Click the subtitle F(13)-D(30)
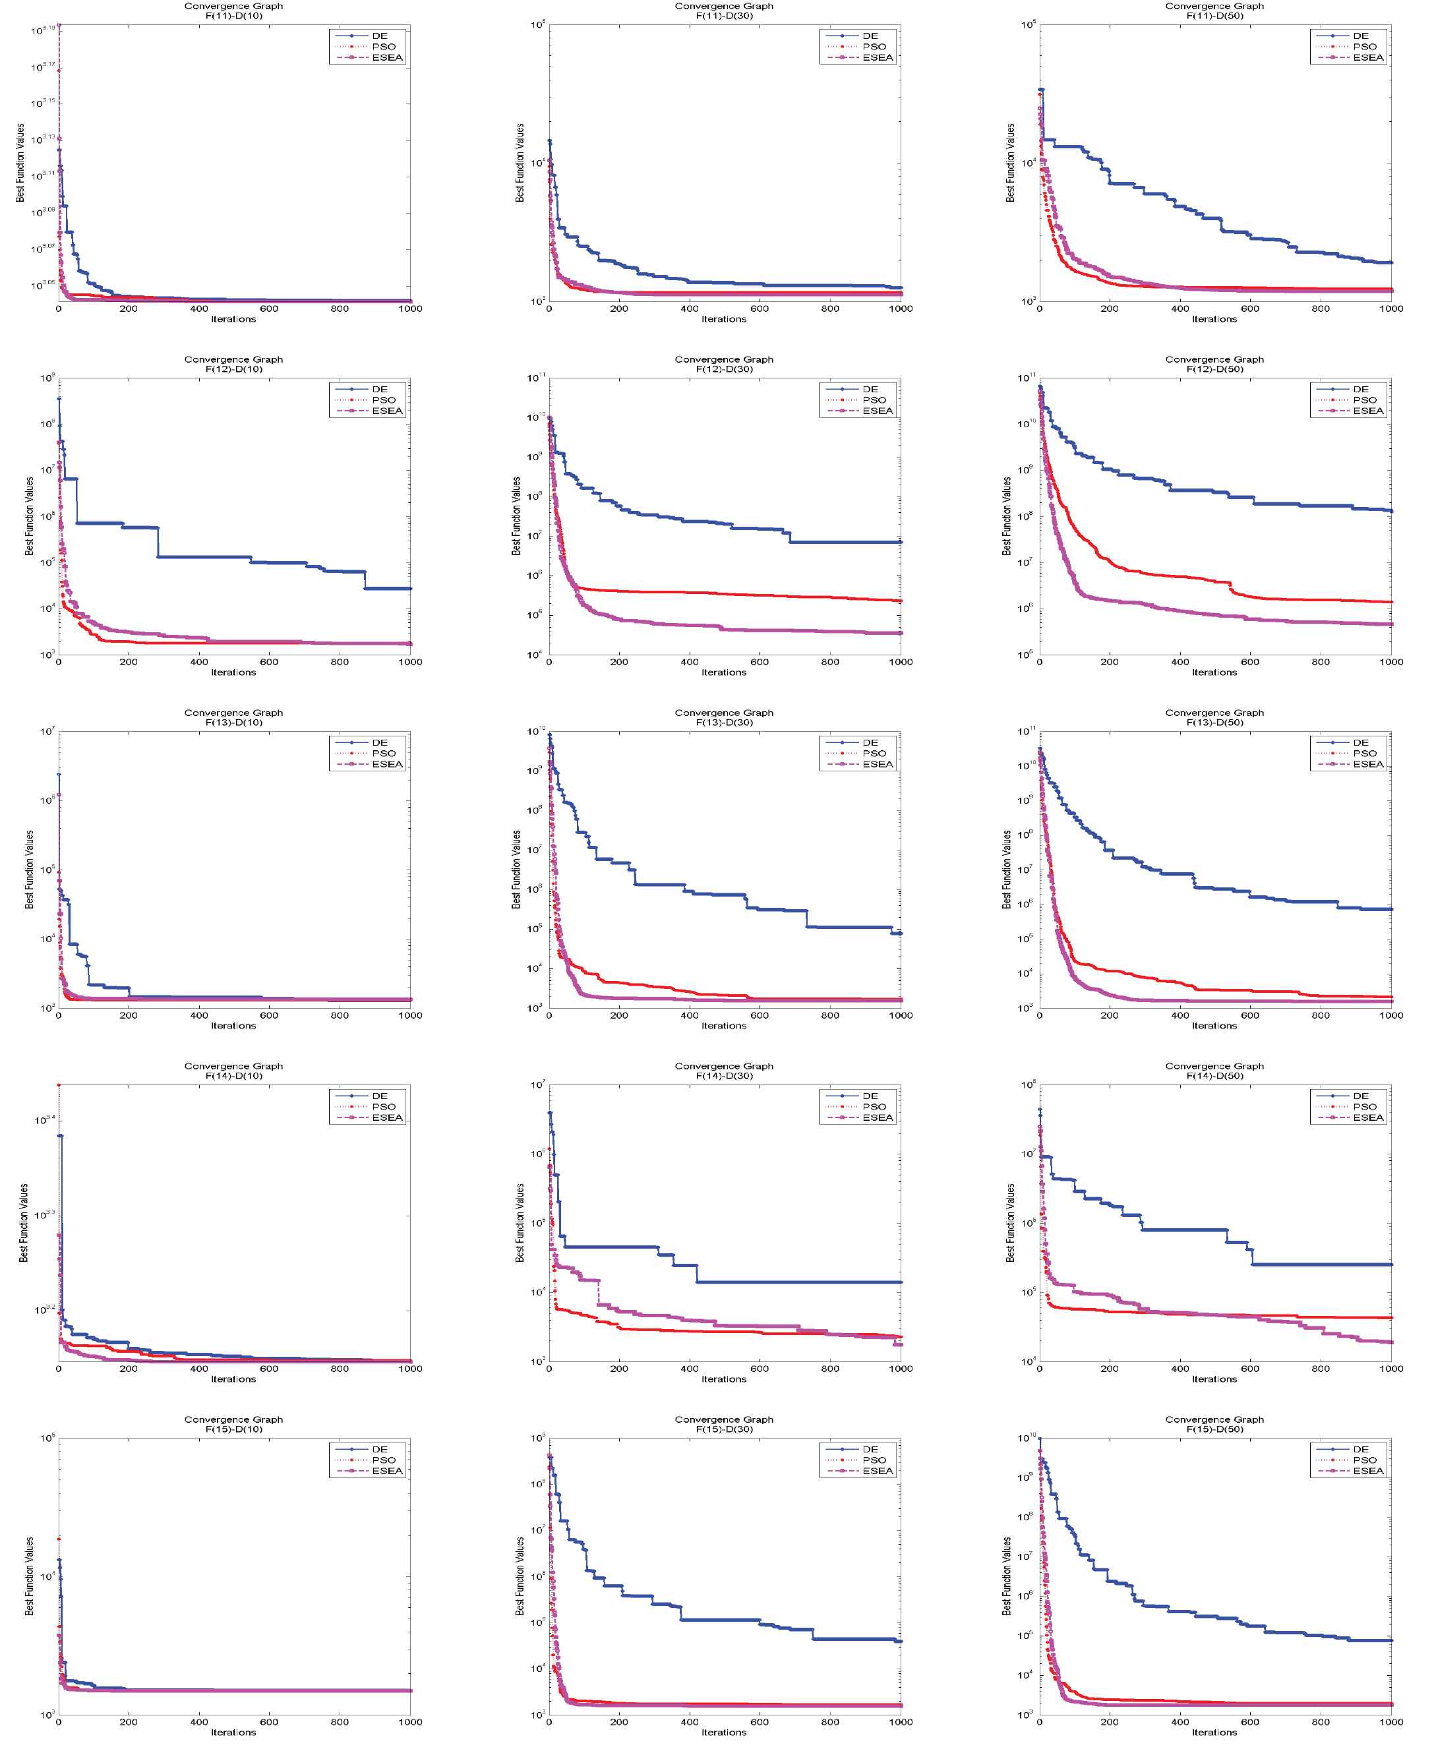pos(724,722)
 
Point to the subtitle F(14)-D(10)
pos(234,1075)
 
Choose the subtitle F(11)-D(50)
pos(1214,16)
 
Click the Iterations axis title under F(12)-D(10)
pos(234,672)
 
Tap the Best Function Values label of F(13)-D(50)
pos(1006,869)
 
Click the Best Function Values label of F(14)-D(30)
pos(520,1223)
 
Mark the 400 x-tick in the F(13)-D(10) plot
pos(199,1015)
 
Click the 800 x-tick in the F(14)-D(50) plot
pos(1321,1369)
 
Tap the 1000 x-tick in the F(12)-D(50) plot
pos(1391,662)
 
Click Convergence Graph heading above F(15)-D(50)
pos(1214,1419)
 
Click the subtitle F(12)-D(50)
pos(1214,369)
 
